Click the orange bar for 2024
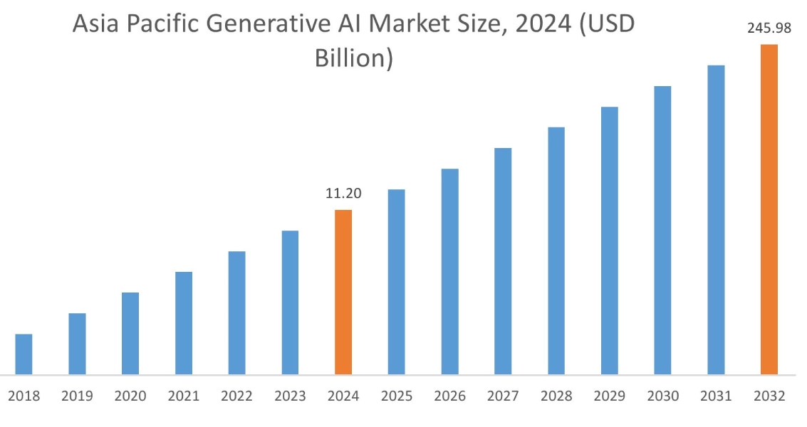pyautogui.click(x=343, y=292)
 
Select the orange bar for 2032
pyautogui.click(x=769, y=209)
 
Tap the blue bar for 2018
pyautogui.click(x=24, y=354)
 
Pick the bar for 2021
pyautogui.click(x=184, y=323)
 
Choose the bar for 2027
pyautogui.click(x=503, y=261)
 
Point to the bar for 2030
pyautogui.click(x=662, y=230)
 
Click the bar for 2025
pyautogui.click(x=396, y=282)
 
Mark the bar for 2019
pyautogui.click(x=77, y=344)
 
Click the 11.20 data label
pyautogui.click(x=343, y=194)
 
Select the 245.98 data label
pyautogui.click(x=769, y=29)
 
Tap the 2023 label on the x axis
pyautogui.click(x=290, y=396)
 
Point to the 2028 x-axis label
pyautogui.click(x=556, y=396)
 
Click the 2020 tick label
pyautogui.click(x=130, y=396)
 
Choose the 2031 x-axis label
pyautogui.click(x=716, y=396)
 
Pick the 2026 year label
pyautogui.click(x=449, y=396)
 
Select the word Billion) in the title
pyautogui.click(x=354, y=58)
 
